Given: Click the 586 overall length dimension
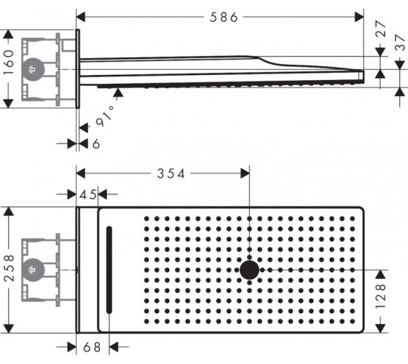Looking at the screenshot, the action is coord(224,17).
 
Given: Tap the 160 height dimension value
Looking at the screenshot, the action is coord(9,63).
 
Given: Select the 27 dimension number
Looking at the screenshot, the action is coord(380,28).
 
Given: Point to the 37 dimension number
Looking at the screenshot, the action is coord(401,43).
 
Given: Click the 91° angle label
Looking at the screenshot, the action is coord(106,116).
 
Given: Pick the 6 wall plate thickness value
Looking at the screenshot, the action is coord(96,143).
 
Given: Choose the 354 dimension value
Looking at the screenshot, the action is coord(171,174).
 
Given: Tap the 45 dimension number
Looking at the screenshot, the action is coord(87,194).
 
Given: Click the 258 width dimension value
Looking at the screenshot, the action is coord(9,268).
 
